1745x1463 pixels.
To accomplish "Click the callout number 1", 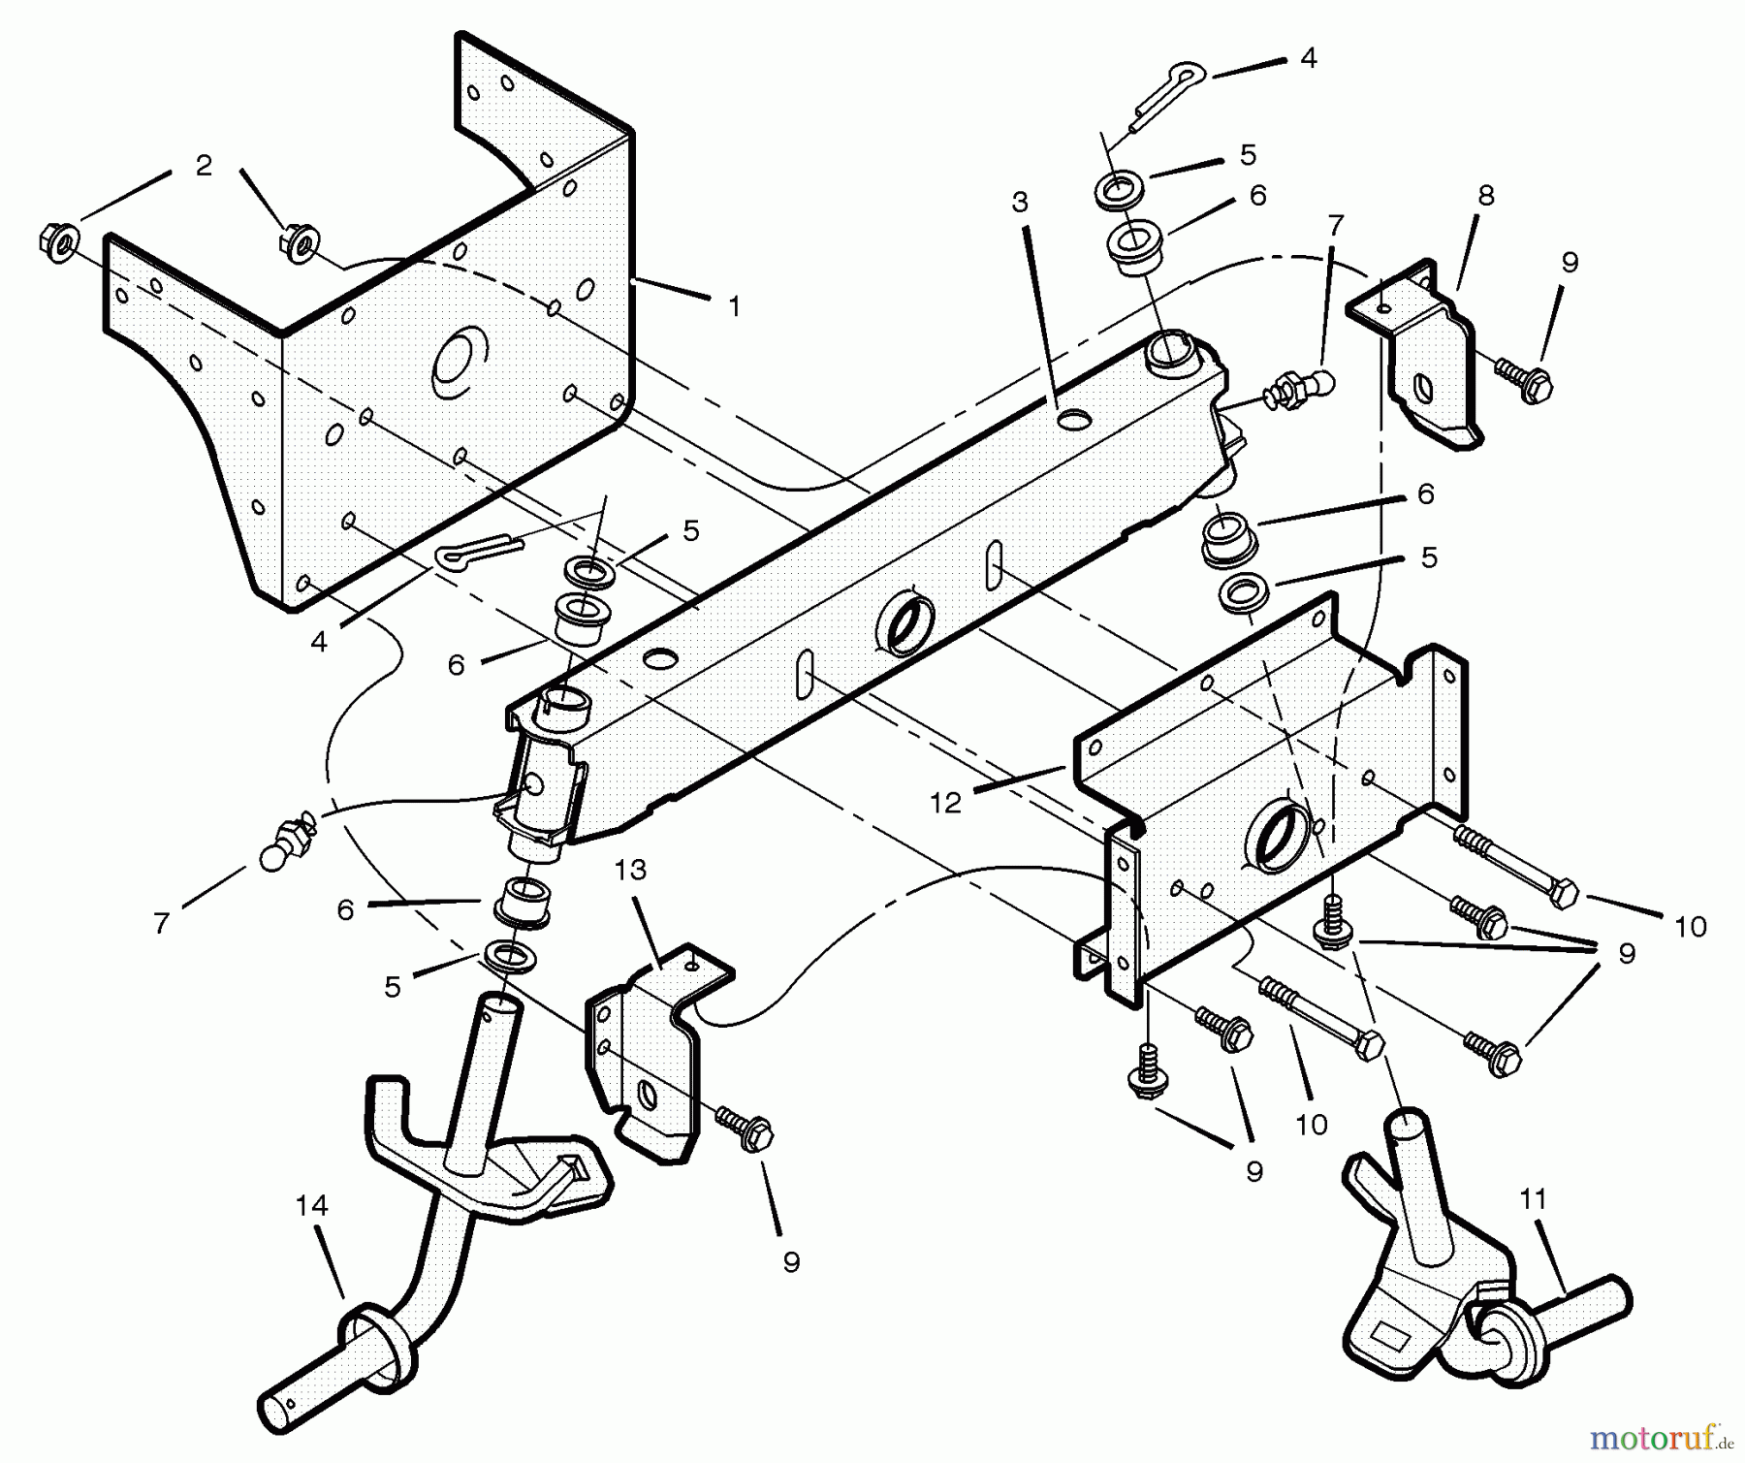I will click(x=734, y=307).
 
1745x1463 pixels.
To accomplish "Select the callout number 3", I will click(x=1019, y=203).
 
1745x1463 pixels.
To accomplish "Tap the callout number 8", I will click(x=1485, y=196).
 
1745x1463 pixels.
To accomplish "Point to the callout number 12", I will click(x=944, y=803).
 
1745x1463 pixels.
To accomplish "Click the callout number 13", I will click(x=630, y=871).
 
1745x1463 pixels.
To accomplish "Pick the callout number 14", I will click(x=311, y=1206).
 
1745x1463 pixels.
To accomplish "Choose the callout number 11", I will click(x=1532, y=1199).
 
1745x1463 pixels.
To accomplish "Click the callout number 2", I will click(x=203, y=166).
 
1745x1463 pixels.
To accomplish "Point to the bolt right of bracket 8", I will click(x=1525, y=379).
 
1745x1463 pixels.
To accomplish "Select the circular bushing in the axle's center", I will click(x=906, y=622).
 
